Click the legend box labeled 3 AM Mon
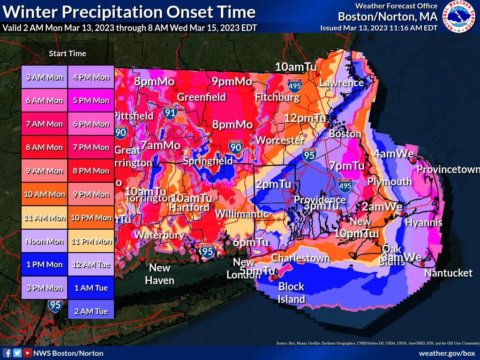(x=45, y=77)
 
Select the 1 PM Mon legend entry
(x=45, y=264)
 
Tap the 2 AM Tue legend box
(x=91, y=311)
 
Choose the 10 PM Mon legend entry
(x=91, y=217)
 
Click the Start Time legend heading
(x=67, y=53)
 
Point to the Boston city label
(x=345, y=134)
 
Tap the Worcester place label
(x=280, y=140)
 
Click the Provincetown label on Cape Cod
(x=448, y=169)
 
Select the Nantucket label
(x=448, y=273)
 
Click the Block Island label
(x=291, y=292)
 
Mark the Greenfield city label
(x=201, y=97)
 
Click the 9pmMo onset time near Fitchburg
(x=232, y=82)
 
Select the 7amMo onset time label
(x=160, y=145)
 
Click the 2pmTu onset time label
(x=273, y=184)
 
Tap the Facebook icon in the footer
(x=7, y=353)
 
